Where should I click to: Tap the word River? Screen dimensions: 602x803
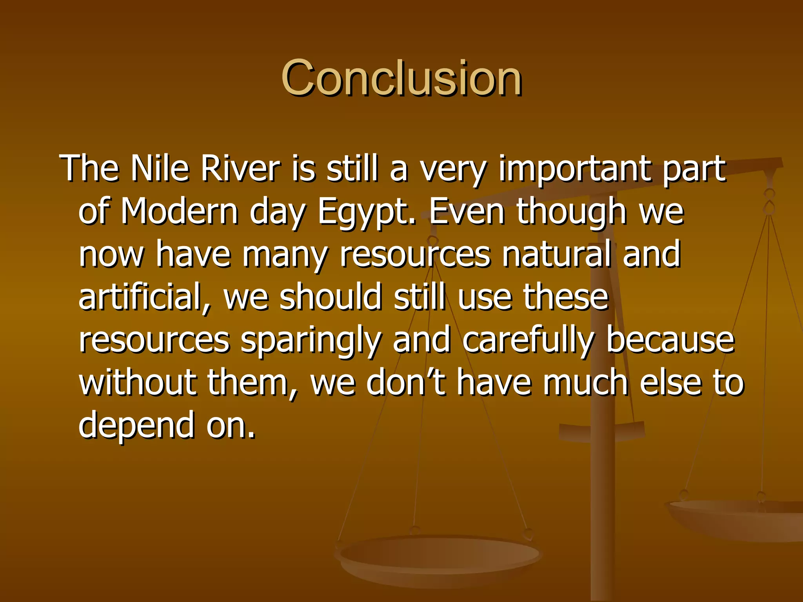[240, 169]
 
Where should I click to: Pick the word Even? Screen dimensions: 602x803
[467, 212]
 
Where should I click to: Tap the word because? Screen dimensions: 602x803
[670, 340]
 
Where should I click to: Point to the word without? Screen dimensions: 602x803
[137, 383]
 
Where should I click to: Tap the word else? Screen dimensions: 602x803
[670, 383]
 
